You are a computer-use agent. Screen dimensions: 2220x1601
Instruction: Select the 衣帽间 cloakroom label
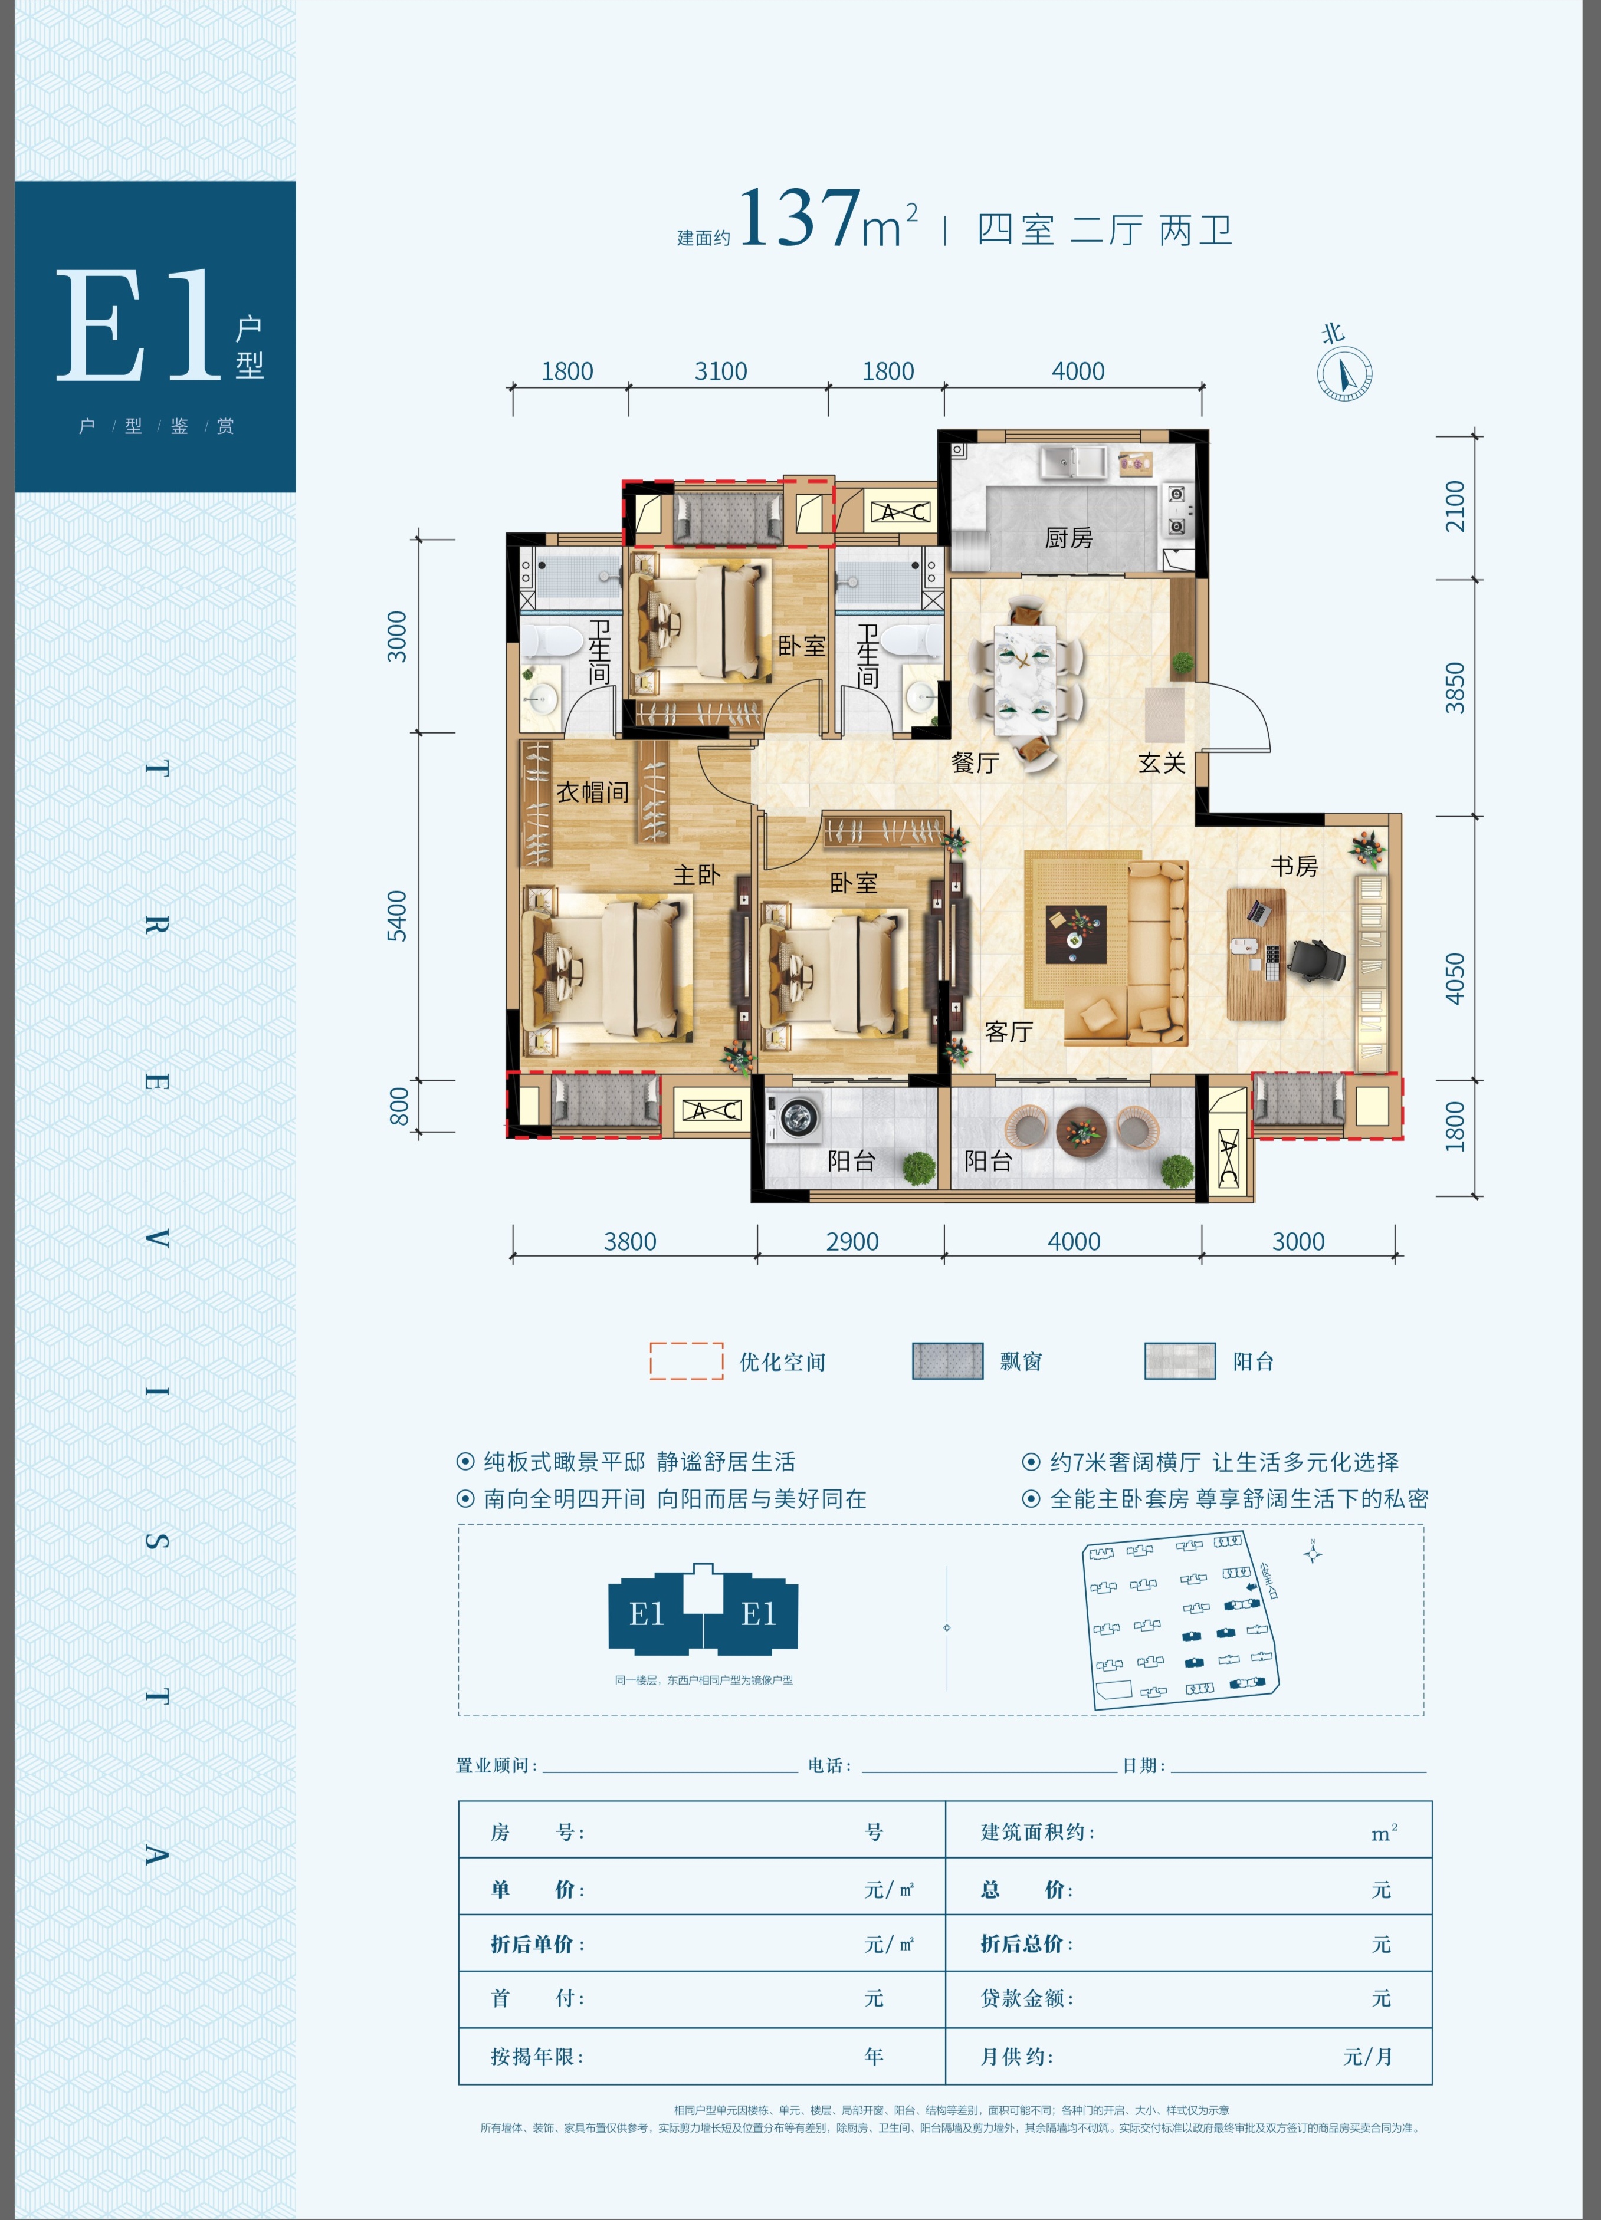click(592, 792)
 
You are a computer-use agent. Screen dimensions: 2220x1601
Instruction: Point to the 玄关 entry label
click(1162, 762)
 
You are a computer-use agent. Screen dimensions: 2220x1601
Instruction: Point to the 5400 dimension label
click(396, 915)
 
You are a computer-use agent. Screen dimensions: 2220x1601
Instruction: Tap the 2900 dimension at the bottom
click(852, 1241)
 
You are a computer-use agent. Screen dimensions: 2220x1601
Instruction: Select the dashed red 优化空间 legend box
click(687, 1360)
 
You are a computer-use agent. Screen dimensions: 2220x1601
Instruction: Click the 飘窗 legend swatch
click(947, 1360)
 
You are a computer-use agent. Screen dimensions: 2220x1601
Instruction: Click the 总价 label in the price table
click(1026, 1889)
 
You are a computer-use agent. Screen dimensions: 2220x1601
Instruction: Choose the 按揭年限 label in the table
click(537, 2057)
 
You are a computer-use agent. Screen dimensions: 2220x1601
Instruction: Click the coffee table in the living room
click(1075, 934)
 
